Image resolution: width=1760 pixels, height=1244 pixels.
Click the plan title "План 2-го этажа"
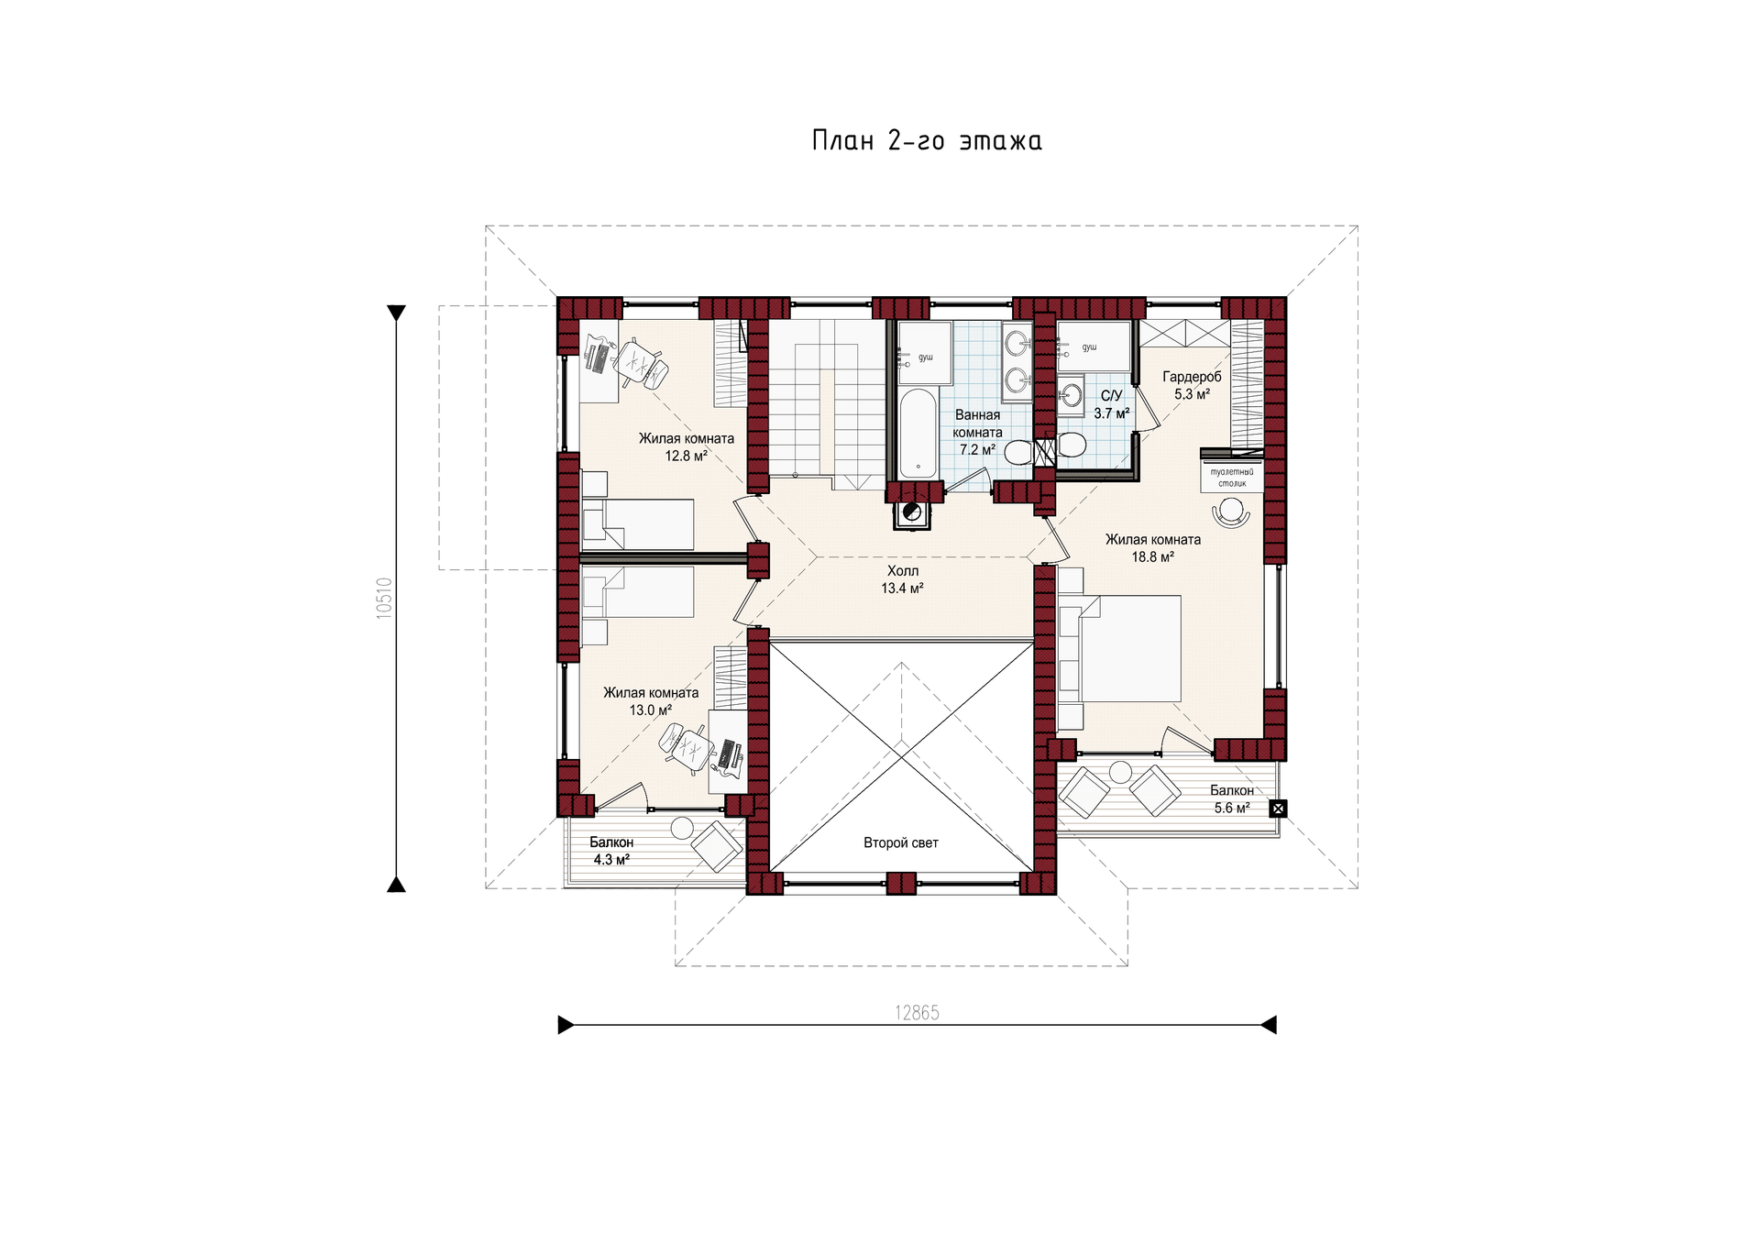(x=927, y=140)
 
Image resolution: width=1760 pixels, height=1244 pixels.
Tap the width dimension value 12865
(x=917, y=1012)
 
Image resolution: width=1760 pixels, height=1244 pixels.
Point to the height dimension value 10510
(x=384, y=598)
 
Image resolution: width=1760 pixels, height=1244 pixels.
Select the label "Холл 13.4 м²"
(x=903, y=579)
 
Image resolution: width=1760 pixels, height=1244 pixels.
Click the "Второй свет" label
(x=901, y=842)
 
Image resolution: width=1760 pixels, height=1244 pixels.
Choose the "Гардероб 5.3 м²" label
(x=1192, y=385)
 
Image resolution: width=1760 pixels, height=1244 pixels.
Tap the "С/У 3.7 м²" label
(x=1111, y=404)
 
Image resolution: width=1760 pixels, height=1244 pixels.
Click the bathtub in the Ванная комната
(x=918, y=434)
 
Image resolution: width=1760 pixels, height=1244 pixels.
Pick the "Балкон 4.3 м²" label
(x=611, y=851)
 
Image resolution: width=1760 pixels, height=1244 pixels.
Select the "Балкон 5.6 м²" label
(x=1232, y=798)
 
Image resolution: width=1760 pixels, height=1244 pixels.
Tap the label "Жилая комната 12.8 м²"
(x=687, y=446)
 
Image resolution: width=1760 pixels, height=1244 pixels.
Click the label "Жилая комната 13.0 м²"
(x=651, y=701)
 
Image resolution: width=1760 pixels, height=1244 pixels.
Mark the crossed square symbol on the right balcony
(x=1278, y=809)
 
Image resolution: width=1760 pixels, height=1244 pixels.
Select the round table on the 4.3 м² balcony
(x=682, y=828)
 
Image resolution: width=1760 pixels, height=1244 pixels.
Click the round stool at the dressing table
(x=1231, y=510)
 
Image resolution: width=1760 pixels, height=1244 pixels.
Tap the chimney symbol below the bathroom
(x=912, y=513)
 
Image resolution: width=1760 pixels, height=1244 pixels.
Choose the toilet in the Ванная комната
(x=1018, y=452)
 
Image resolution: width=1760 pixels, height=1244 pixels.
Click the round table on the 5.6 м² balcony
(x=1120, y=772)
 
